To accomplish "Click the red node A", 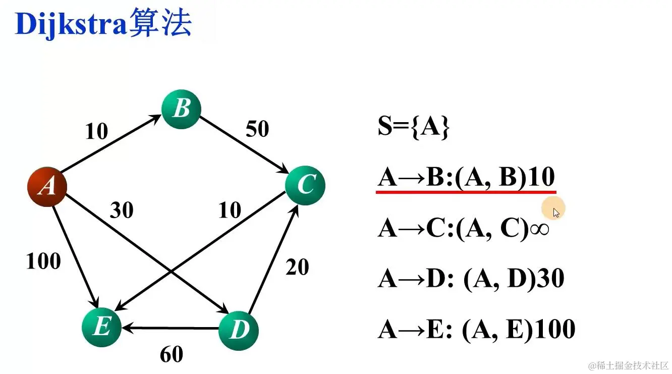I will click(x=47, y=187).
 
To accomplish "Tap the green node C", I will click(x=305, y=185).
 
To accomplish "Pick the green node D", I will click(x=239, y=330).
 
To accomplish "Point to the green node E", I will click(x=101, y=328).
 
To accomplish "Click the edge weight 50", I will click(x=257, y=129).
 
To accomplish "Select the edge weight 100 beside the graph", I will click(x=43, y=261).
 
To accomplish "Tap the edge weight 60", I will click(x=172, y=354).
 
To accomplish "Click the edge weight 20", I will click(x=297, y=266).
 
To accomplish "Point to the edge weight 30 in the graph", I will click(x=122, y=210).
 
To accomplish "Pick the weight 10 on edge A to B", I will click(x=96, y=131).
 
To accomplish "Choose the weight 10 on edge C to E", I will click(x=230, y=210).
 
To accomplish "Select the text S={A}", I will click(x=413, y=128).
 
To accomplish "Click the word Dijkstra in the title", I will click(x=70, y=24).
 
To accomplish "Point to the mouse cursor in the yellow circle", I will click(x=556, y=212).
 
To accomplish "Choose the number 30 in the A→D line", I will click(x=550, y=279).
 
